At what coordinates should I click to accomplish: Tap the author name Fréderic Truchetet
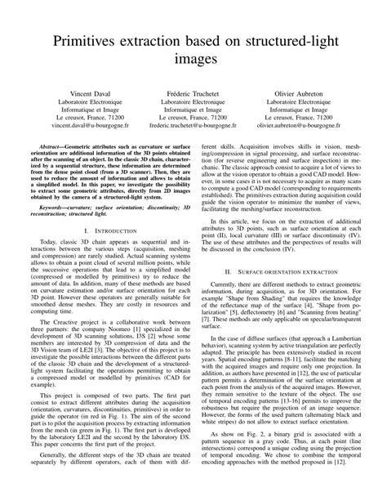pyautogui.click(x=193, y=95)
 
